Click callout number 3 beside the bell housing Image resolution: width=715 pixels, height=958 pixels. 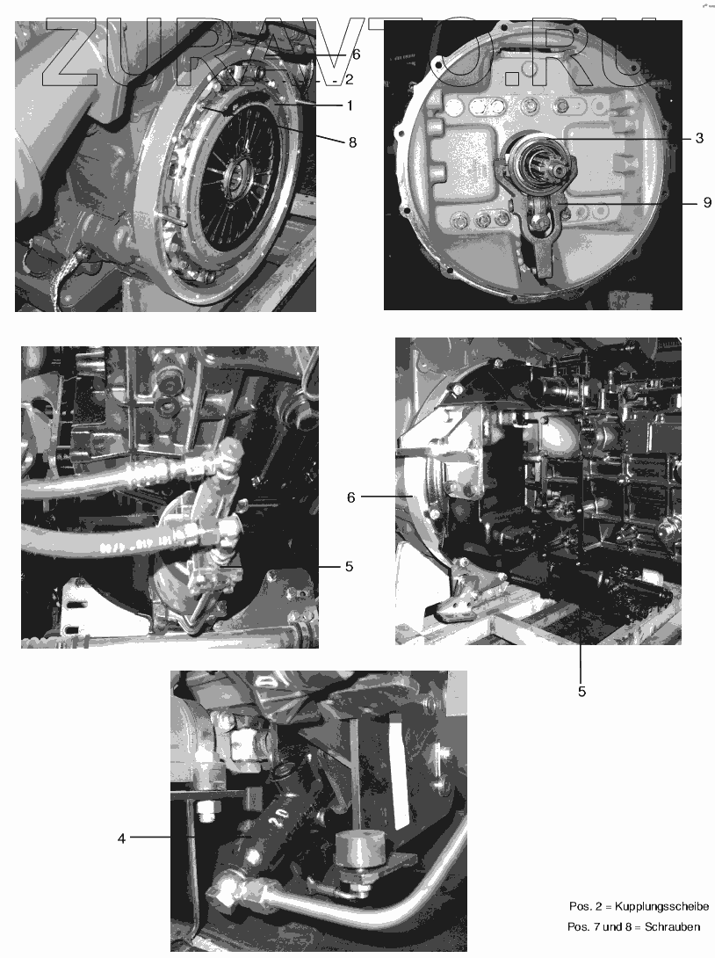(700, 138)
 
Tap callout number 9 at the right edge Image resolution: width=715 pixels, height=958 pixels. (707, 202)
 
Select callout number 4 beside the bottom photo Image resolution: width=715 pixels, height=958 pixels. (121, 838)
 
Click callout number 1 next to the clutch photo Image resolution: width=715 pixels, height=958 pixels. (350, 105)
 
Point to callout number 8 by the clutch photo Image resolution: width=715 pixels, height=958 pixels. (352, 142)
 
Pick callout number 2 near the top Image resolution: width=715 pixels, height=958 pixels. (350, 79)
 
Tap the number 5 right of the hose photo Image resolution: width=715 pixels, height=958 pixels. (350, 566)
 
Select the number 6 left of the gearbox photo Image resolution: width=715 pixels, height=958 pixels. (351, 497)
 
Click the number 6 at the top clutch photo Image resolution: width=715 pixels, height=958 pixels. (357, 54)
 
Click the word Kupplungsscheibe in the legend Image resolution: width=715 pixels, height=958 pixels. (662, 906)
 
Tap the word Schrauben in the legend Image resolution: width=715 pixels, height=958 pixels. (672, 927)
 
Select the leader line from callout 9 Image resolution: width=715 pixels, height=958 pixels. (629, 203)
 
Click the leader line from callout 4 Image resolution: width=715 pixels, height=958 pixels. (150, 837)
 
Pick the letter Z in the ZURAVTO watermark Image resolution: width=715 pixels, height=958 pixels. (74, 52)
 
